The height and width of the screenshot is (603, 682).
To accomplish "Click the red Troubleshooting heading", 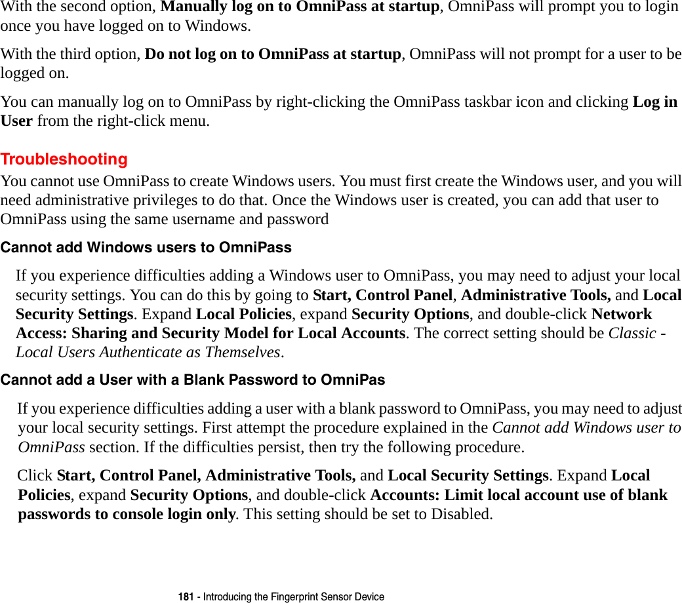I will pyautogui.click(x=64, y=159).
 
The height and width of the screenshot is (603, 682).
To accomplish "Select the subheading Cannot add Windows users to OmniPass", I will pyautogui.click(x=146, y=248).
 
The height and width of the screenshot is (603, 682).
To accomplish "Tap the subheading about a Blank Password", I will pyautogui.click(x=193, y=380).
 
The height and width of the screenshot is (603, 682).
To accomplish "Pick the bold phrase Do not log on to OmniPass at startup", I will pyautogui.click(x=272, y=54).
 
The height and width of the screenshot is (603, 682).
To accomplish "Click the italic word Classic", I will pyautogui.click(x=632, y=333).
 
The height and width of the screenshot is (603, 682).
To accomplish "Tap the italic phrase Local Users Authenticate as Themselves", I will pyautogui.click(x=149, y=352).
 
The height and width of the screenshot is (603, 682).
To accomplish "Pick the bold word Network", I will pyautogui.click(x=621, y=314).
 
